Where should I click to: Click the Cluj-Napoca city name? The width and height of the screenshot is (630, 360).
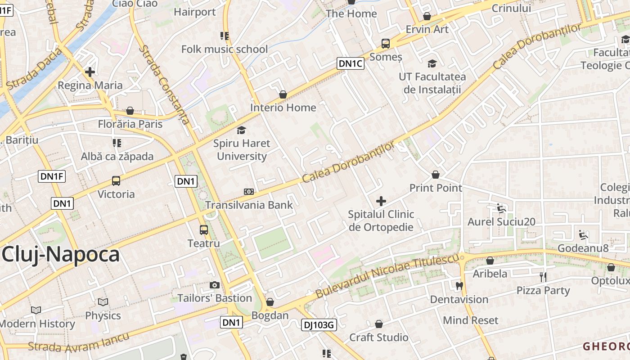[x=61, y=255]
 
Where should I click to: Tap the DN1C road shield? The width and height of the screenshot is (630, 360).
[x=351, y=63]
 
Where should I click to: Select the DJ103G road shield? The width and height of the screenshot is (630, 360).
[x=319, y=324]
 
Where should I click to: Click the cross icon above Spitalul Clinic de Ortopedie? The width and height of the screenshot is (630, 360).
[x=381, y=201]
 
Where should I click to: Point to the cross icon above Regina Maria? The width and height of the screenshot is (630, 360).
[x=90, y=72]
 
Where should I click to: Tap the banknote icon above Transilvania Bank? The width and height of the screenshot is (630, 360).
[x=249, y=192]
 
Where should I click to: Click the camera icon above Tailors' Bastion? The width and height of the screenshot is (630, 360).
[x=215, y=285]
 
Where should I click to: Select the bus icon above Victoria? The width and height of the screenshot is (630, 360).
[x=116, y=181]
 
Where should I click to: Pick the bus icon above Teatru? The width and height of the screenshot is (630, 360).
[x=204, y=230]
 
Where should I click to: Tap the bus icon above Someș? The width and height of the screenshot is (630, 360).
[x=386, y=44]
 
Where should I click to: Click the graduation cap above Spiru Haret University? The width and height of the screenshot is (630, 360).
[x=242, y=130]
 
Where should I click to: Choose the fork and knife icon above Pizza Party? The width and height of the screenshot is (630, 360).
[x=543, y=277]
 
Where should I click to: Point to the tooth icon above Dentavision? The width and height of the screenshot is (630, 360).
[x=459, y=286]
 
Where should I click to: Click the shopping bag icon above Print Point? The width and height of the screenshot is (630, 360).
[x=436, y=175]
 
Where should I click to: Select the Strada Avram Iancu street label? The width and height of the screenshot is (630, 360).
[x=79, y=342]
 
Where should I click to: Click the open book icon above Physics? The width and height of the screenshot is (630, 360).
[x=103, y=302]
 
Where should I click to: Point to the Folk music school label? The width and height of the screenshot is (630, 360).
[x=225, y=49]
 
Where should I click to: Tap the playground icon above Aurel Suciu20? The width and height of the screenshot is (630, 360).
[x=501, y=208]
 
